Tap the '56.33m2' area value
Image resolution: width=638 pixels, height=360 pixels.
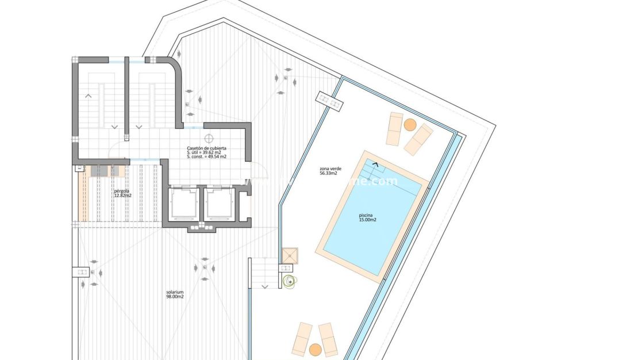[x=328, y=173]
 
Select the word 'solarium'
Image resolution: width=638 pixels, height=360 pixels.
[x=175, y=292]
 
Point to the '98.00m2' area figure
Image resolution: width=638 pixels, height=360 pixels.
[x=175, y=297]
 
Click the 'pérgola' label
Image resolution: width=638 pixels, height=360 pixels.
[x=121, y=190]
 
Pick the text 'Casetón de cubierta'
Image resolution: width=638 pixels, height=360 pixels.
[x=206, y=148]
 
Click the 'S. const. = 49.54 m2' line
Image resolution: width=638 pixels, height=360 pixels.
[x=206, y=156]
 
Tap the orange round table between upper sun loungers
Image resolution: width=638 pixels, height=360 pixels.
[x=410, y=124]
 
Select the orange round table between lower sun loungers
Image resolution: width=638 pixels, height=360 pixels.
[x=315, y=348]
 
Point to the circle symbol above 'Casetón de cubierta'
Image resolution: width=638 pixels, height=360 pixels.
[x=208, y=139]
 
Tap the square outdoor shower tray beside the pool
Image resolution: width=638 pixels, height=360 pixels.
[x=290, y=256]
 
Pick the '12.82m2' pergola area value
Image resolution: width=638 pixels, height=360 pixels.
[x=122, y=196]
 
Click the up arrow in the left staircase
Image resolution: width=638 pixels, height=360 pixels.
[x=88, y=95]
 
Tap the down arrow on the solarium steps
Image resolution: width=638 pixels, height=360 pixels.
[x=265, y=285]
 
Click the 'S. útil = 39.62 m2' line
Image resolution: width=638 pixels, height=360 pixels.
[x=204, y=152]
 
